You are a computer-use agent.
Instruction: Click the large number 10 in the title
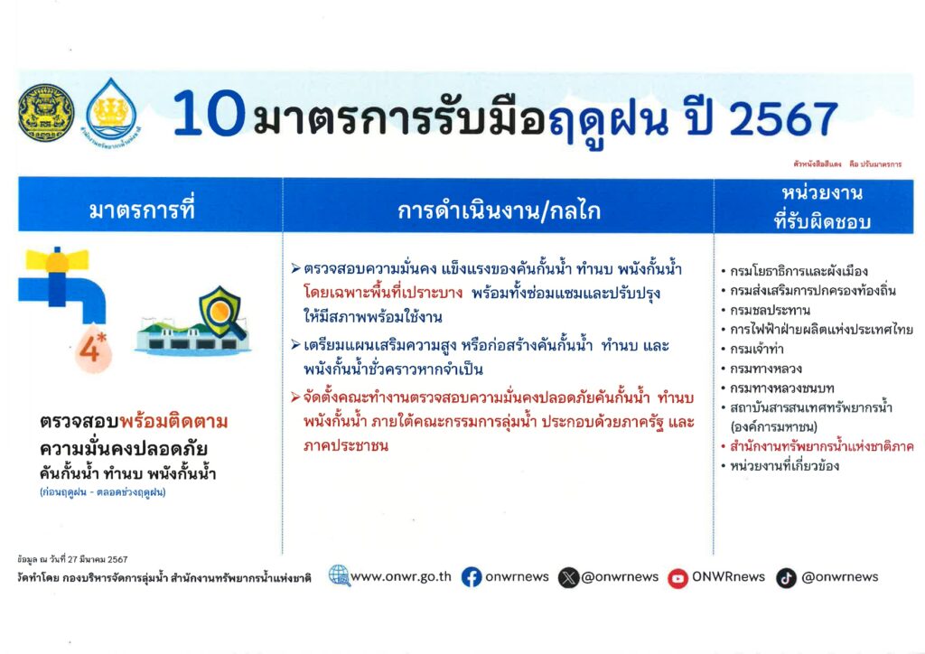click(x=209, y=114)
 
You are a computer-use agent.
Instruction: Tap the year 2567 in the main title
click(x=783, y=119)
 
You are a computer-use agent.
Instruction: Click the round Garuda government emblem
click(x=46, y=113)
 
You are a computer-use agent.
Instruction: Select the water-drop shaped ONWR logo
click(x=111, y=111)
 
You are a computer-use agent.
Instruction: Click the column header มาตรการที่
click(x=142, y=210)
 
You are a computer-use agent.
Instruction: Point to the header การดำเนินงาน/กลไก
click(x=499, y=210)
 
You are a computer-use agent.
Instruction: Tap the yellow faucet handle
click(x=57, y=260)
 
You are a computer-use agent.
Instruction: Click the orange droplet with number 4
click(x=93, y=349)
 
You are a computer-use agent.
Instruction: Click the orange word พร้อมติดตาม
click(x=173, y=422)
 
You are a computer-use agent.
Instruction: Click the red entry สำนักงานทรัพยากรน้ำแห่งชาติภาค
click(x=822, y=446)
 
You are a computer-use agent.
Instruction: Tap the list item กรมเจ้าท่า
click(x=757, y=349)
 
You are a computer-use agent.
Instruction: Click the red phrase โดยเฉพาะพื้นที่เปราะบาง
click(x=383, y=293)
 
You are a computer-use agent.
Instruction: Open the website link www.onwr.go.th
click(x=400, y=576)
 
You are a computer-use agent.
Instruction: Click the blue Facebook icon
click(x=472, y=576)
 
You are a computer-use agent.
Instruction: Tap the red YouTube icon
click(x=677, y=578)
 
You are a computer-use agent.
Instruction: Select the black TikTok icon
click(x=786, y=578)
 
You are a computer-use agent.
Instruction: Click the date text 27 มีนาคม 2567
click(x=98, y=559)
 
